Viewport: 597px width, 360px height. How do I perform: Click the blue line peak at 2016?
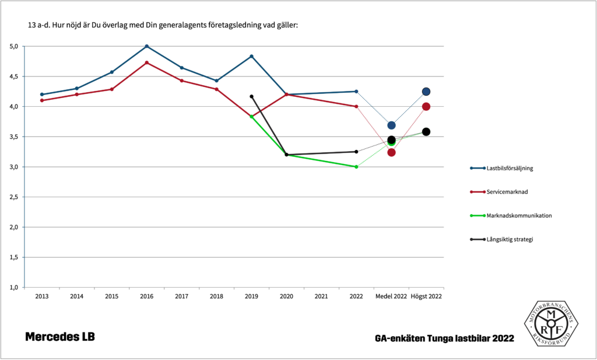[x=147, y=46]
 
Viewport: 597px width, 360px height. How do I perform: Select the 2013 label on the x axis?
[x=42, y=296]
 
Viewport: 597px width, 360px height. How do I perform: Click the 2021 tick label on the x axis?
[x=321, y=296]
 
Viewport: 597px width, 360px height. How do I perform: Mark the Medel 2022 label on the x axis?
[x=391, y=296]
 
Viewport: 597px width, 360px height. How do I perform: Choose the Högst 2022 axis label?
[x=426, y=296]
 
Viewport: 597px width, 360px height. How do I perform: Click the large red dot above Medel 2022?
[x=391, y=152]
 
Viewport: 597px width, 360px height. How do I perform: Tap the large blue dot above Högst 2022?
[x=426, y=92]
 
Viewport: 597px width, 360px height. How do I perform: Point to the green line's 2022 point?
[x=356, y=167]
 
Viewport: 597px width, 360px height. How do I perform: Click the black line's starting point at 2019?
[x=251, y=96]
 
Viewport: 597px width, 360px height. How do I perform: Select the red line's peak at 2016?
[x=147, y=62]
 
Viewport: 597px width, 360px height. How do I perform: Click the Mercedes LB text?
[x=60, y=337]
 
